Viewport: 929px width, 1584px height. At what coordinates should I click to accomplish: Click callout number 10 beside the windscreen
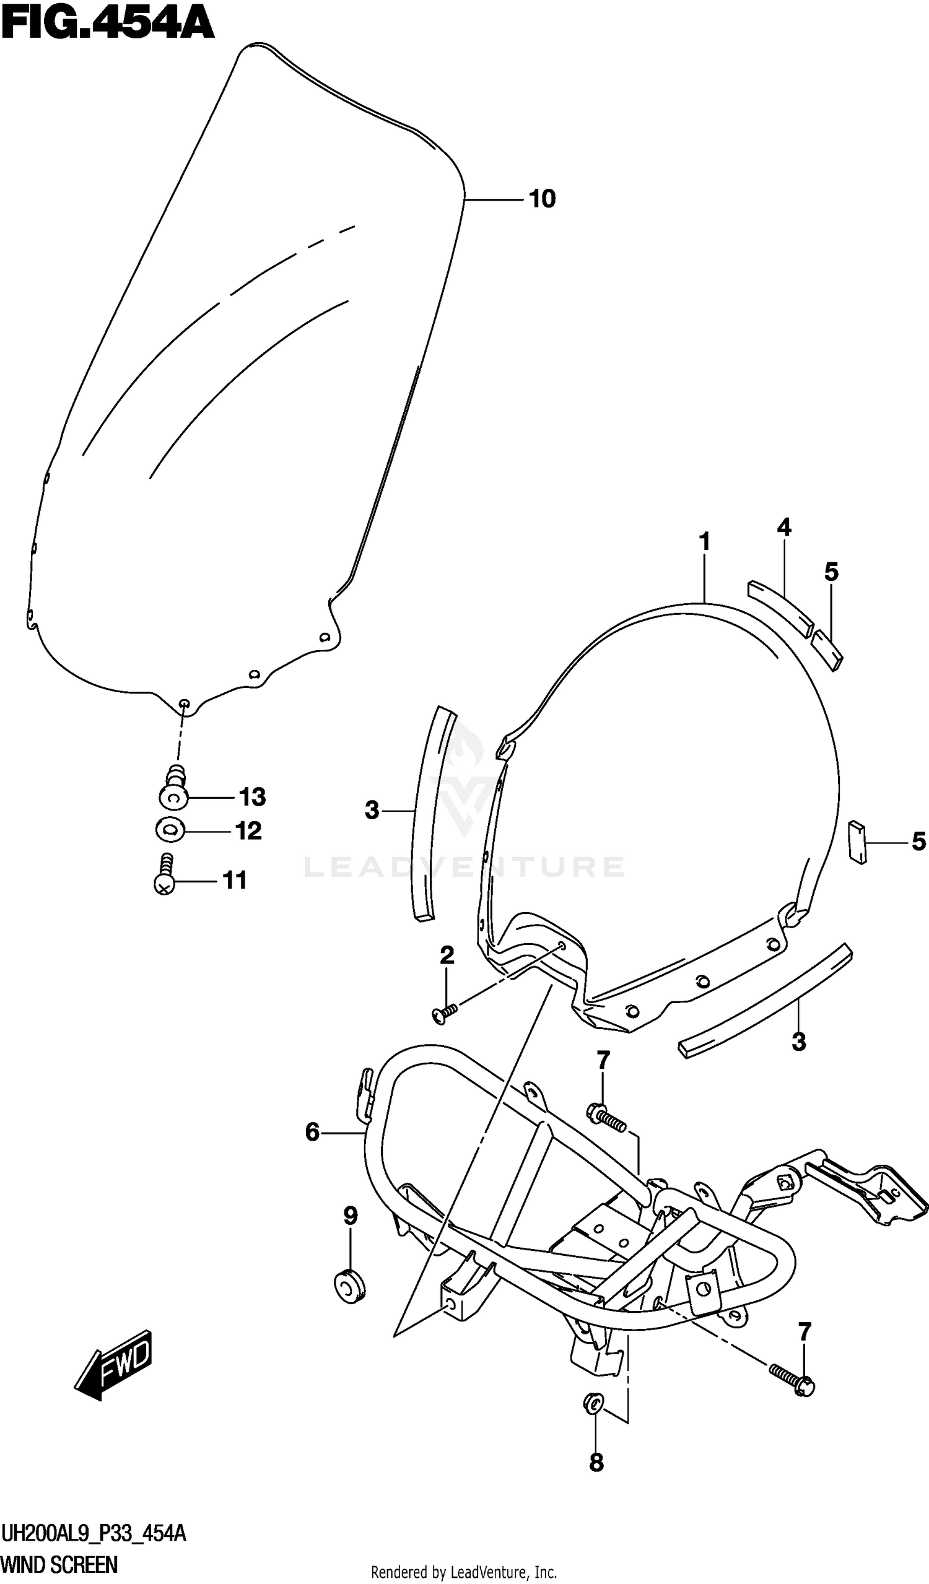pos(542,199)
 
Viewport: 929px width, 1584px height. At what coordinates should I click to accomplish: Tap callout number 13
pos(253,797)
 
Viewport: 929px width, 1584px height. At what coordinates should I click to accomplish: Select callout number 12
pos(248,831)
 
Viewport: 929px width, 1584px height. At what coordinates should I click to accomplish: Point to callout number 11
pos(235,881)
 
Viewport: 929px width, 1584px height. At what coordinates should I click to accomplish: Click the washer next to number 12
pos(170,830)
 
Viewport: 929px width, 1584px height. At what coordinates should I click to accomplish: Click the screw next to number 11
pos(165,874)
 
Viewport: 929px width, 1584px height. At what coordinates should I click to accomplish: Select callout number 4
pos(784,528)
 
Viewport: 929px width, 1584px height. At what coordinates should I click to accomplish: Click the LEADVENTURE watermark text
pos(464,867)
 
